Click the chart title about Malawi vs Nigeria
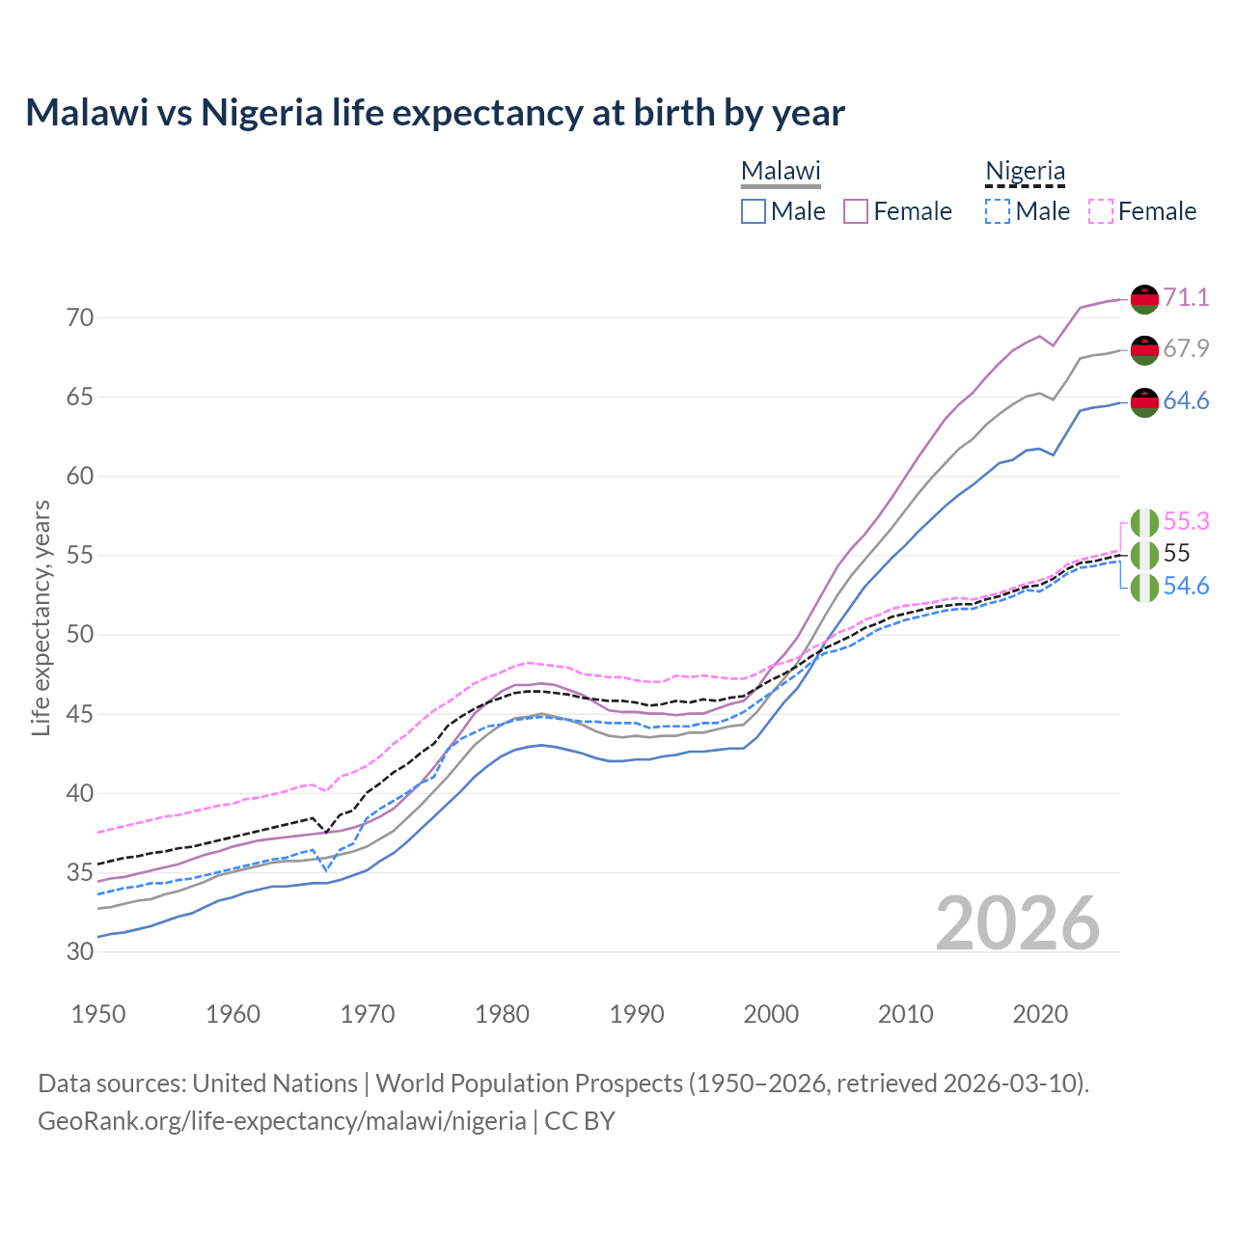[435, 113]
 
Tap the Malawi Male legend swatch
[754, 211]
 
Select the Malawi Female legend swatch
[856, 211]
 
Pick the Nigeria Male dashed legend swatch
[998, 211]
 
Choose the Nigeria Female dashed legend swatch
[1101, 211]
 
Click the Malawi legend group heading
[781, 172]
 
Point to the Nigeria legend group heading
[1025, 172]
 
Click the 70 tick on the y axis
[80, 317]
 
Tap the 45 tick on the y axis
[80, 714]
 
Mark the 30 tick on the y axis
[80, 951]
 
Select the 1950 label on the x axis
[98, 1014]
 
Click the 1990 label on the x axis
[637, 1014]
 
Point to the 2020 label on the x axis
[1040, 1014]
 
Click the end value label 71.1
[1186, 297]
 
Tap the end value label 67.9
[1186, 348]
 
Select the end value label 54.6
[1186, 586]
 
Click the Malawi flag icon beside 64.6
[1144, 401]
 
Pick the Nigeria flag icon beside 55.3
[1144, 522]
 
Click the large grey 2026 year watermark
[1018, 923]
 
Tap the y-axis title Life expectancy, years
[41, 617]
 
